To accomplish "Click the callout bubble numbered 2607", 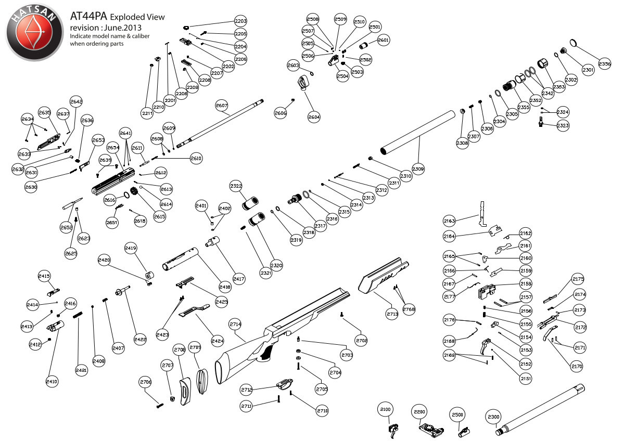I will click(x=222, y=106).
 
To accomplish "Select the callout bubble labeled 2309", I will click(x=418, y=169).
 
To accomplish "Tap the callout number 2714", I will click(x=235, y=324).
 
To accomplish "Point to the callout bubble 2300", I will click(x=493, y=417).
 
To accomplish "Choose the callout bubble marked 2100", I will click(x=386, y=410).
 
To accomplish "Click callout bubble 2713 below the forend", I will click(x=392, y=314).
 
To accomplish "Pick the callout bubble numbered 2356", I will click(x=605, y=64).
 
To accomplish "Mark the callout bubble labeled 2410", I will click(x=52, y=381).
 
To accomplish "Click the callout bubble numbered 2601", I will click(x=383, y=40).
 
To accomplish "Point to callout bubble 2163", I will click(x=449, y=221).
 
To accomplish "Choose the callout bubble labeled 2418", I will click(x=225, y=287).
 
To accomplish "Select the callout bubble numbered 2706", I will click(x=146, y=382).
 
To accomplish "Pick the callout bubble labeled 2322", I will click(x=236, y=186).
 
